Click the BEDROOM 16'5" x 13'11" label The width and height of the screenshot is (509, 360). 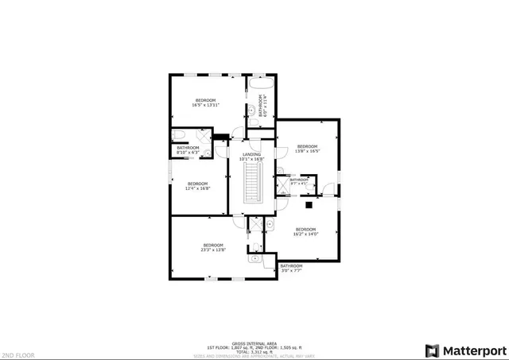[205, 102]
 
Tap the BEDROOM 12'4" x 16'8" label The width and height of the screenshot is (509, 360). [197, 186]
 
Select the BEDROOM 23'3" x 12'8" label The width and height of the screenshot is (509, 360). [213, 247]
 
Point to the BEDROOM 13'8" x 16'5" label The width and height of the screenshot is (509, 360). [307, 149]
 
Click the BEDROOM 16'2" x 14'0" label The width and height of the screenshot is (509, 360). [306, 231]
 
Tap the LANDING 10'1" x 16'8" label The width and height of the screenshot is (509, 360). [253, 156]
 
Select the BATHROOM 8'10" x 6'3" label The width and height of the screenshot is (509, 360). [188, 150]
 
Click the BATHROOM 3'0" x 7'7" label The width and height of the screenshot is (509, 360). [291, 268]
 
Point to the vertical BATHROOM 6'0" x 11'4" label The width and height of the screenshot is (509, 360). [263, 106]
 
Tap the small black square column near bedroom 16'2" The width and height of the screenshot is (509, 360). [309, 204]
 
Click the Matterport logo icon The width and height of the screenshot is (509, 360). [433, 350]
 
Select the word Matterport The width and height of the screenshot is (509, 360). [473, 350]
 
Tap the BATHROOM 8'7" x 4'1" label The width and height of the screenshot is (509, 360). [299, 181]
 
